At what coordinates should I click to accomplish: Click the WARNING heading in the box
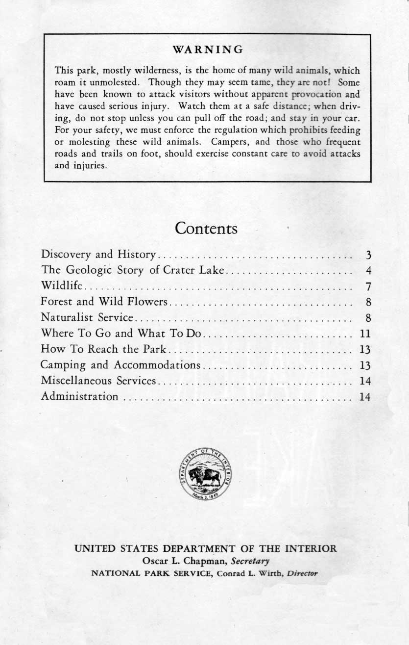pyautogui.click(x=208, y=50)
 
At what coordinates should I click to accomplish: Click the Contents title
pyautogui.click(x=206, y=229)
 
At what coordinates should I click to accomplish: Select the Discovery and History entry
pyautogui.click(x=98, y=255)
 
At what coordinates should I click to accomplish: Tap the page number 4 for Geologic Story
pyautogui.click(x=368, y=271)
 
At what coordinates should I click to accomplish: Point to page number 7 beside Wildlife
pyautogui.click(x=368, y=286)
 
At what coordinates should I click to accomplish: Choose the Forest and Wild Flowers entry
pyautogui.click(x=105, y=302)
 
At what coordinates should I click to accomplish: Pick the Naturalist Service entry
pyautogui.click(x=87, y=317)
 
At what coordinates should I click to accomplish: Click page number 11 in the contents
pyautogui.click(x=365, y=334)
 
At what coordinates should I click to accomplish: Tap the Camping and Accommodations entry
pyautogui.click(x=120, y=365)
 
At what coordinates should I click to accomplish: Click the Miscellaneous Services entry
pyautogui.click(x=98, y=381)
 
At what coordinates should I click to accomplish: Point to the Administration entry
pyautogui.click(x=80, y=396)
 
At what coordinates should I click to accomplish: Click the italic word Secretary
pyautogui.click(x=250, y=561)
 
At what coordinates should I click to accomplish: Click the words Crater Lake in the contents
pyautogui.click(x=197, y=270)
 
